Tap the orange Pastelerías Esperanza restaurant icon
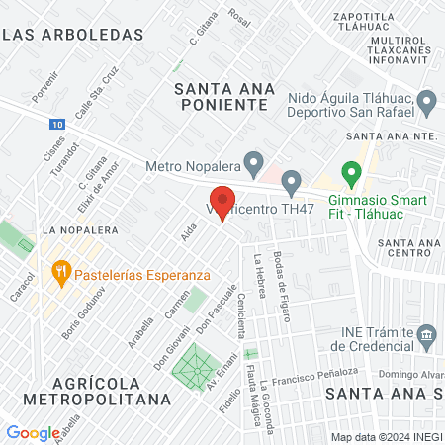click(x=60, y=269)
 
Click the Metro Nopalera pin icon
click(x=254, y=160)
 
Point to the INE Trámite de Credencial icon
click(x=427, y=335)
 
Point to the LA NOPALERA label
click(x=79, y=229)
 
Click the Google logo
click(x=33, y=432)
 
